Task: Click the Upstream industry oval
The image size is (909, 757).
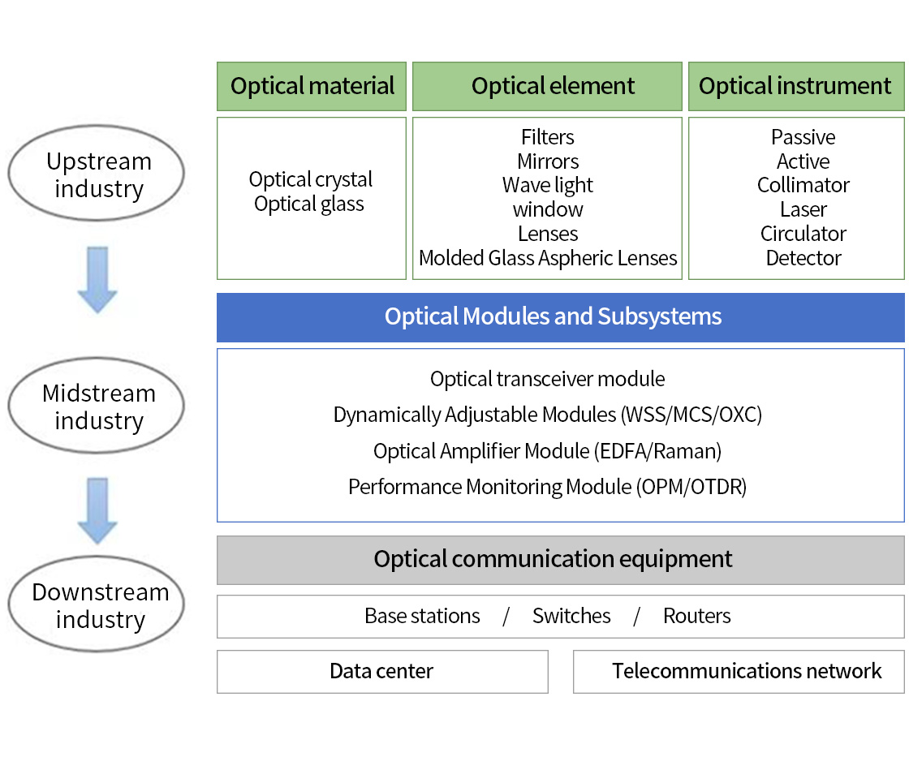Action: (97, 174)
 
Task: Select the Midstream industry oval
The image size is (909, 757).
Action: (97, 406)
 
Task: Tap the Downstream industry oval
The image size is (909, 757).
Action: (97, 605)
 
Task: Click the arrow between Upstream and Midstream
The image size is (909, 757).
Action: (97, 280)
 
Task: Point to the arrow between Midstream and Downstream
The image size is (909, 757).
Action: (97, 511)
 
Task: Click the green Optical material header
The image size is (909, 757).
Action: (312, 86)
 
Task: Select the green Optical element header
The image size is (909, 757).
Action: (547, 86)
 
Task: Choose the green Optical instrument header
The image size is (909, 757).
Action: (795, 86)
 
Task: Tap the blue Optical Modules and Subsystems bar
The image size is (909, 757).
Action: (560, 316)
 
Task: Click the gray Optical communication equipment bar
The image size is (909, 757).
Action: (560, 559)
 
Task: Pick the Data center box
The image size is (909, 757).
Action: (382, 671)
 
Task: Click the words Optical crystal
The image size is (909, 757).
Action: (311, 179)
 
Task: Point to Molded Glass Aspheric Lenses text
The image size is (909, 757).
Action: (548, 258)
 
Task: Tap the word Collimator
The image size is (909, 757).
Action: (803, 185)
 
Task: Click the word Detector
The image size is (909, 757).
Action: (803, 258)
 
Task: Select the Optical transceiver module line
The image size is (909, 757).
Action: (548, 379)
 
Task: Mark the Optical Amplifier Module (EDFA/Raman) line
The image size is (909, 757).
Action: (548, 450)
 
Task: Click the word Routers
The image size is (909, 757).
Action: (696, 616)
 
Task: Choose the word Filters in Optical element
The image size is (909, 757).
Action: (548, 137)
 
